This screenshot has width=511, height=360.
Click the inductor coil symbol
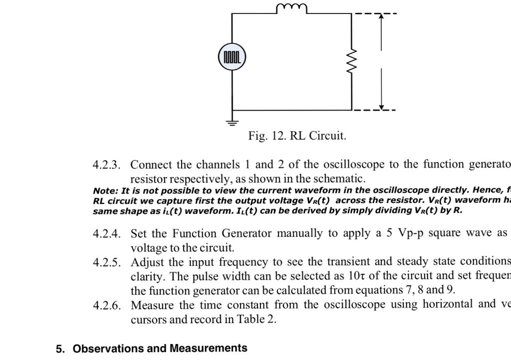(x=291, y=7)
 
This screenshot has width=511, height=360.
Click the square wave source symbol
(x=232, y=57)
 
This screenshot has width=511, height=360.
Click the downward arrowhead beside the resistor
(x=381, y=106)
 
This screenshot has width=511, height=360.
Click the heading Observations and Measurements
(x=160, y=349)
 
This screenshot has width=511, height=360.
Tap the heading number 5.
(x=60, y=349)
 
